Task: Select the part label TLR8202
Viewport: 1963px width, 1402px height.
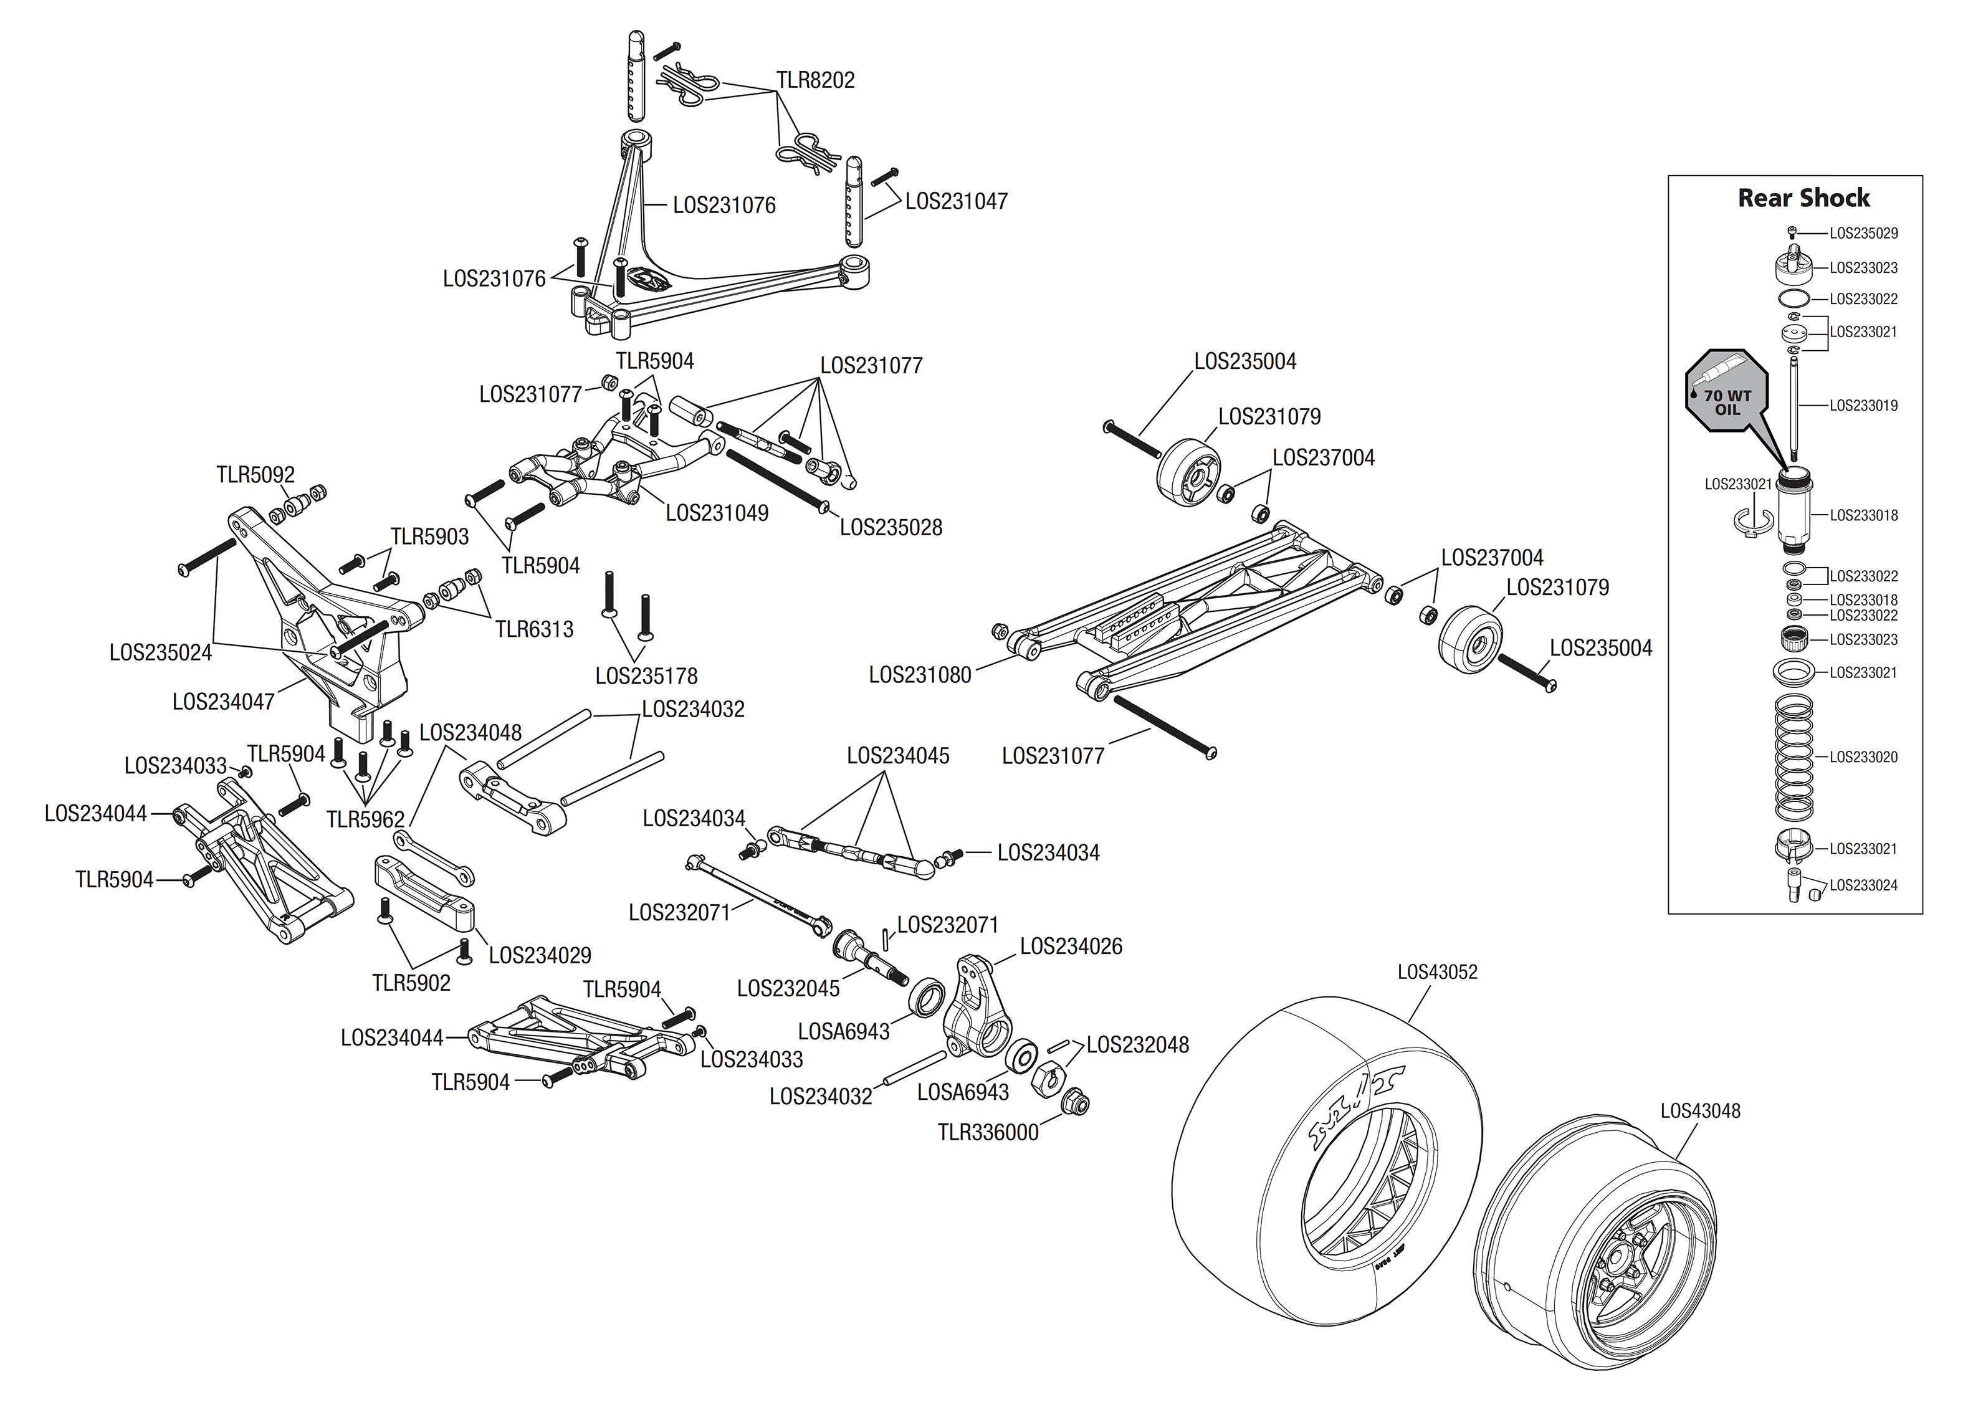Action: (815, 80)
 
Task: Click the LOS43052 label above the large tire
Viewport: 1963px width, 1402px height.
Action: (1437, 972)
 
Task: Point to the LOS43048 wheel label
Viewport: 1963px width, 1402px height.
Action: (1700, 1111)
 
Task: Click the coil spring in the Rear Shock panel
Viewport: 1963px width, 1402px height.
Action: (1793, 757)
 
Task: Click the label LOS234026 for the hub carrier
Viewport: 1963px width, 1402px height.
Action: (1071, 946)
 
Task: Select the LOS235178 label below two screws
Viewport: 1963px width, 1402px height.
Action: (647, 676)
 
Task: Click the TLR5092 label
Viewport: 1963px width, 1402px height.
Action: (256, 475)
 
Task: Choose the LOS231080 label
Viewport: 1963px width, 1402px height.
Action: (920, 675)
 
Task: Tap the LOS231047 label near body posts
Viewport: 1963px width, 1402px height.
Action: (955, 201)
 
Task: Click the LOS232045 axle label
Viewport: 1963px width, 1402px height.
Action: (788, 988)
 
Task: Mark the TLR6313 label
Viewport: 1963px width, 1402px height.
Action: (533, 629)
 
